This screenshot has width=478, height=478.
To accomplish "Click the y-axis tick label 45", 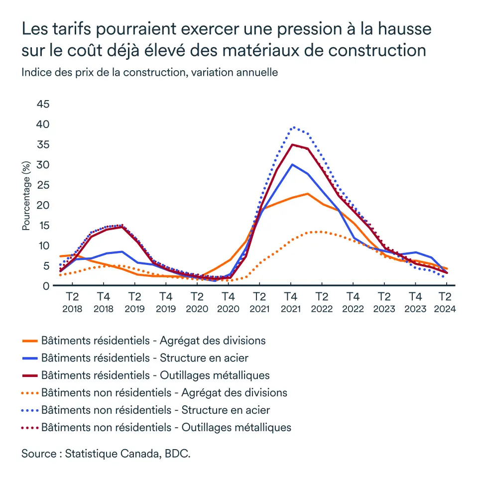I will tap(43, 104).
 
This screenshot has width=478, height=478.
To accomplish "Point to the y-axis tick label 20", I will tap(43, 205).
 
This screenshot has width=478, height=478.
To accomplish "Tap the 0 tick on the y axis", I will tap(46, 286).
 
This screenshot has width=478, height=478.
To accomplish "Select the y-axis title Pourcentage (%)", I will tap(26, 196).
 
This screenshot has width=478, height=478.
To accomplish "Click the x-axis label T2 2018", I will tap(72, 302).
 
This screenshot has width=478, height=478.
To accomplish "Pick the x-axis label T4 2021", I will tap(291, 302).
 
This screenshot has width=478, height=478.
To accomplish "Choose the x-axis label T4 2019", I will tap(166, 302).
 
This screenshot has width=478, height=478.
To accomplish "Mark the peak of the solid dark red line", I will tap(292, 144).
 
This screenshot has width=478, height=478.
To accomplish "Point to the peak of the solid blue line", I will tap(292, 164).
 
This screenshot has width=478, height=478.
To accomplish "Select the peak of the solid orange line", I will tap(308, 194).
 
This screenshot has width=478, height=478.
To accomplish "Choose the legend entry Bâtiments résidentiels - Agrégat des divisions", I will tap(153, 341).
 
